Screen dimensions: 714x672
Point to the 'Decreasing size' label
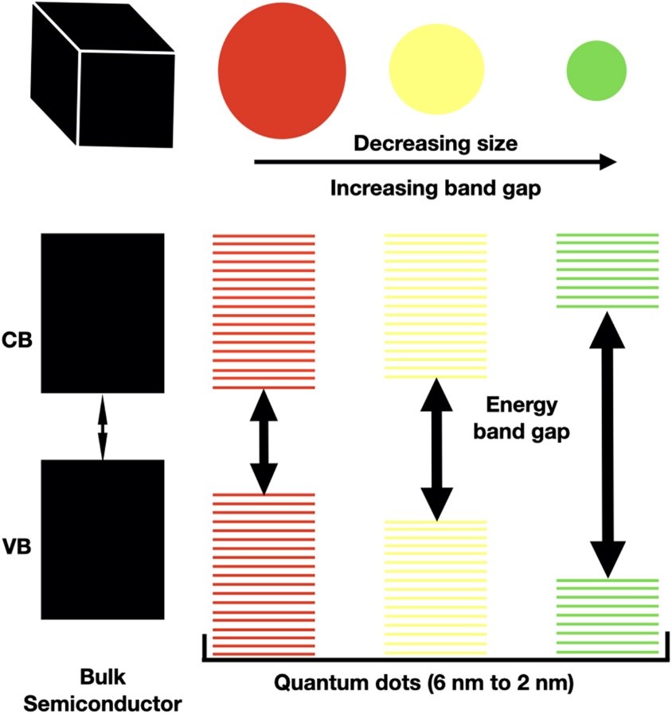436,143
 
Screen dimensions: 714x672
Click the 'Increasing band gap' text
436,189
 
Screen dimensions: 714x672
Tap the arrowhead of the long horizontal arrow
607,162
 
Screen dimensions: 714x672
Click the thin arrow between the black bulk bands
102,427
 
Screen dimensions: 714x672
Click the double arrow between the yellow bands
436,448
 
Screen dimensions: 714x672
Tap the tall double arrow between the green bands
608,444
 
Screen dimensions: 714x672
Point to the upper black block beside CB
102,312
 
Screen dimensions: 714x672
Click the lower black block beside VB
102,540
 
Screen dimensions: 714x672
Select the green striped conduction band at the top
608,270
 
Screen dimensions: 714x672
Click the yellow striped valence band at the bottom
436,588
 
